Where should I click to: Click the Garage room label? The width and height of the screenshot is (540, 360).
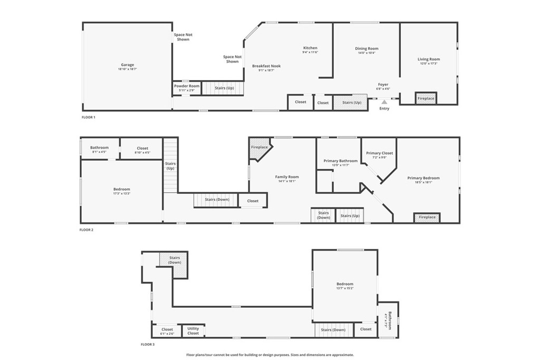tap(128, 65)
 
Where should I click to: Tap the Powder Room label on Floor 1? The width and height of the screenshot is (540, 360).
tap(187, 86)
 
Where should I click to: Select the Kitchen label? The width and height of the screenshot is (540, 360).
tap(310, 48)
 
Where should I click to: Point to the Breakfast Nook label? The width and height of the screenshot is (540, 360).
tap(266, 66)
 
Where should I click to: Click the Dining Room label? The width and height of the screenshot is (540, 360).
tap(367, 48)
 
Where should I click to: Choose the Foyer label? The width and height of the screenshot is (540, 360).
tap(383, 84)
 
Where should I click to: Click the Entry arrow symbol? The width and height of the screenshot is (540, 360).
tap(384, 102)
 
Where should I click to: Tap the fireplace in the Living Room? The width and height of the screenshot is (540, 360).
tap(426, 99)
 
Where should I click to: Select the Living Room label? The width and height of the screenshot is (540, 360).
tap(429, 59)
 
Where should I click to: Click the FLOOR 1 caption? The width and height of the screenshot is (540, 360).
tap(89, 117)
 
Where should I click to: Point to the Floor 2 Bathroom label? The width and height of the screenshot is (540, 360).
tap(99, 148)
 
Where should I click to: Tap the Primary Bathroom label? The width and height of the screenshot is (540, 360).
tap(341, 161)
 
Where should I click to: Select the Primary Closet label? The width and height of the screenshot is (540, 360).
tap(380, 153)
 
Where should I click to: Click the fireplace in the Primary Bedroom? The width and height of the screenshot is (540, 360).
tap(427, 217)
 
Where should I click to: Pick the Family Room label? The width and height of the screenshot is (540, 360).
tap(287, 177)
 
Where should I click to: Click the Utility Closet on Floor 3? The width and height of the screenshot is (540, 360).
tap(193, 331)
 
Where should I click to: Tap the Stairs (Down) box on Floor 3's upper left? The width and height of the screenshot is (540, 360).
tap(175, 260)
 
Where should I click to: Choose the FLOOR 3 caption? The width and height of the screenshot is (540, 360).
tap(148, 344)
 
